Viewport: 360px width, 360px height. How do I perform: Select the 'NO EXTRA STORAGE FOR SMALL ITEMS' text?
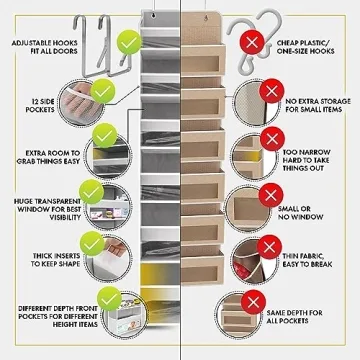click(319, 106)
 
